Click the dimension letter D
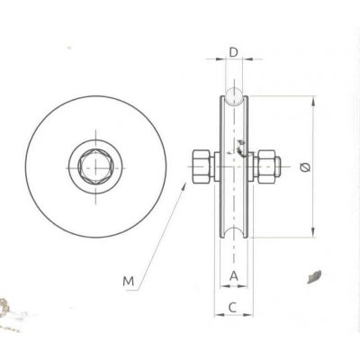pos(233,52)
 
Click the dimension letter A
pos(233,275)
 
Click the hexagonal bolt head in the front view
pos(94,166)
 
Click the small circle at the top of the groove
pos(233,96)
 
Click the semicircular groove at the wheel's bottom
pos(233,238)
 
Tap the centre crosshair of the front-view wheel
pos(94,166)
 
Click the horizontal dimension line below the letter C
pos(233,316)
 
